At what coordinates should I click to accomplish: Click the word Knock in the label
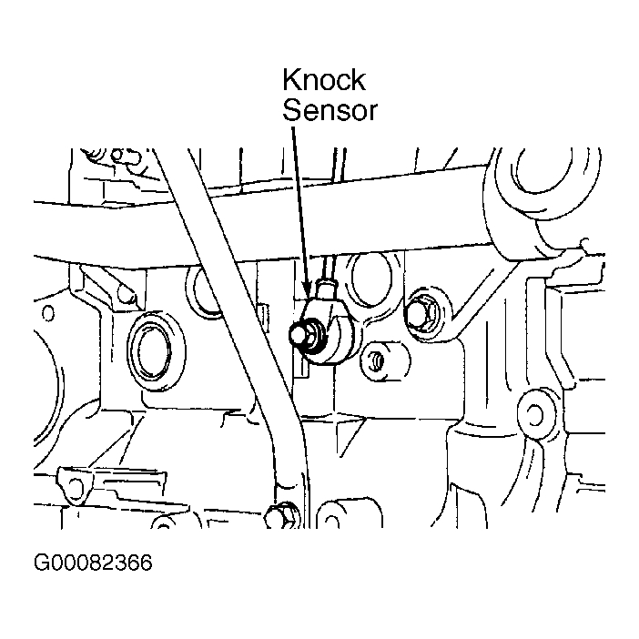click(323, 80)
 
